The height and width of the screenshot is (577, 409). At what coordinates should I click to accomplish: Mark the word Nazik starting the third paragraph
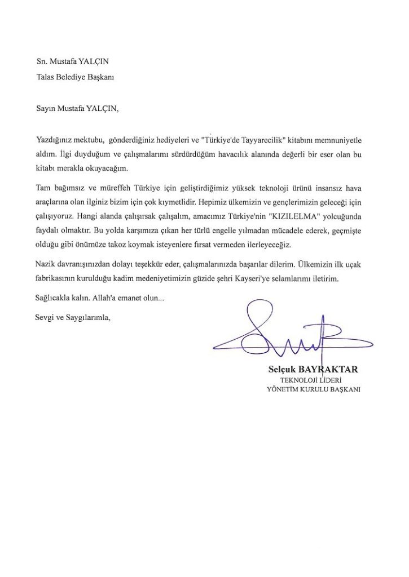coord(45,264)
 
